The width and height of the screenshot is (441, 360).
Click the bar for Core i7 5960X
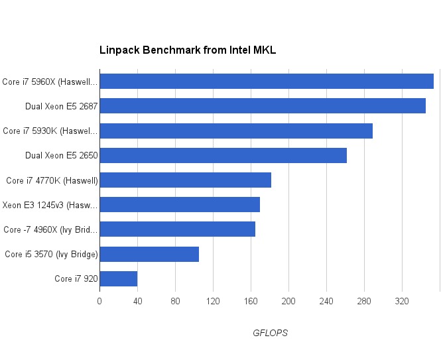click(266, 82)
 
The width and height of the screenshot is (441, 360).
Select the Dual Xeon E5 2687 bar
click(262, 106)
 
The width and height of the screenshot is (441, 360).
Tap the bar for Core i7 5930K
click(235, 131)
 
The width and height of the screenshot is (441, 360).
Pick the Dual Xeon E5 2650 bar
click(223, 155)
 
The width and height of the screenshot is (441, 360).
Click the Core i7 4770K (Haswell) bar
click(185, 180)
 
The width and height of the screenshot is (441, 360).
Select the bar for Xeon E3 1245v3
click(179, 205)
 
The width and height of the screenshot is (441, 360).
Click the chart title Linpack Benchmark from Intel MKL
click(188, 50)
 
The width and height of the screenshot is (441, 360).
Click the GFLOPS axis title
click(270, 333)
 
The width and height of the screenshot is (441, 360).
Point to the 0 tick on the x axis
click(99, 301)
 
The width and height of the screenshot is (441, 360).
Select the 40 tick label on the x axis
click(137, 301)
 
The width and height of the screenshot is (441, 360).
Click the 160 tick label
click(251, 301)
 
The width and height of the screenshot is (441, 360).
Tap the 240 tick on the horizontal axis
click(326, 301)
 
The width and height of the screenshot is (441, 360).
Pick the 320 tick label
click(402, 301)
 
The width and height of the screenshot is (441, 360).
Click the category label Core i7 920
click(76, 278)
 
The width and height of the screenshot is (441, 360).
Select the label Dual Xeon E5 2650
click(61, 156)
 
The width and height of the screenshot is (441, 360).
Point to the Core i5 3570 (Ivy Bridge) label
click(51, 254)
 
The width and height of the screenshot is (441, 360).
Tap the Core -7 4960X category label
click(50, 229)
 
